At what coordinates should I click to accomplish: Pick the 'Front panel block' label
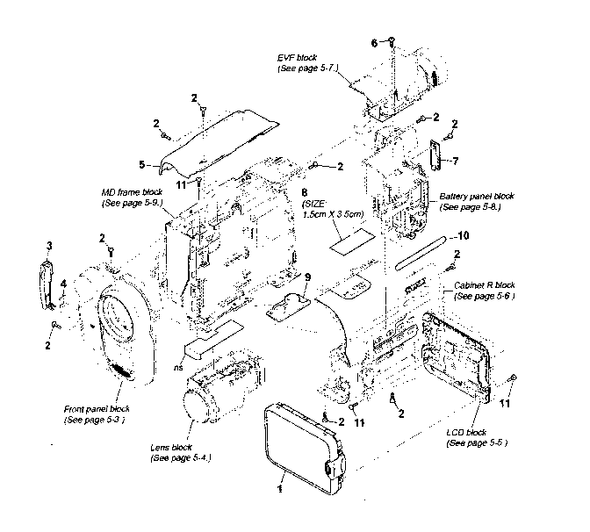pos(97,409)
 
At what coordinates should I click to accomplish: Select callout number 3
pos(49,244)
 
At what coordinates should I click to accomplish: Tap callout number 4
pos(62,282)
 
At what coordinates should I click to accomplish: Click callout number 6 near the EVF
pos(373,42)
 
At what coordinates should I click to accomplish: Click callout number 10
pos(464,235)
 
